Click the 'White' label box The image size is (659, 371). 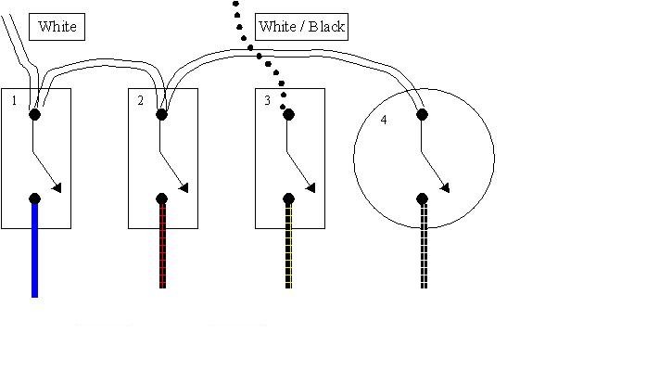coord(57,27)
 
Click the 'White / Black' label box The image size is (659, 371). coord(302,26)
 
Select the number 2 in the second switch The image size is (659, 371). coord(141,100)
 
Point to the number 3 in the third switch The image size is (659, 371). coord(267,100)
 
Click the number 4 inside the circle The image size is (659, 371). coord(384,121)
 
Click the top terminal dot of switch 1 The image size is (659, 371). coord(34,115)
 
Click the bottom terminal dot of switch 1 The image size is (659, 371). coord(34,198)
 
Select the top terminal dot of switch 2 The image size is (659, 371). coord(161,115)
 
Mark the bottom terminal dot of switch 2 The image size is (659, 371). coord(161,198)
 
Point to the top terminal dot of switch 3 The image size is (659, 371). coord(288,115)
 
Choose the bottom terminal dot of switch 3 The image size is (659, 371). coord(288,198)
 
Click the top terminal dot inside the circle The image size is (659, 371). coord(423,115)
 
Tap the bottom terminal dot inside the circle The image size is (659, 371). coord(423,198)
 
